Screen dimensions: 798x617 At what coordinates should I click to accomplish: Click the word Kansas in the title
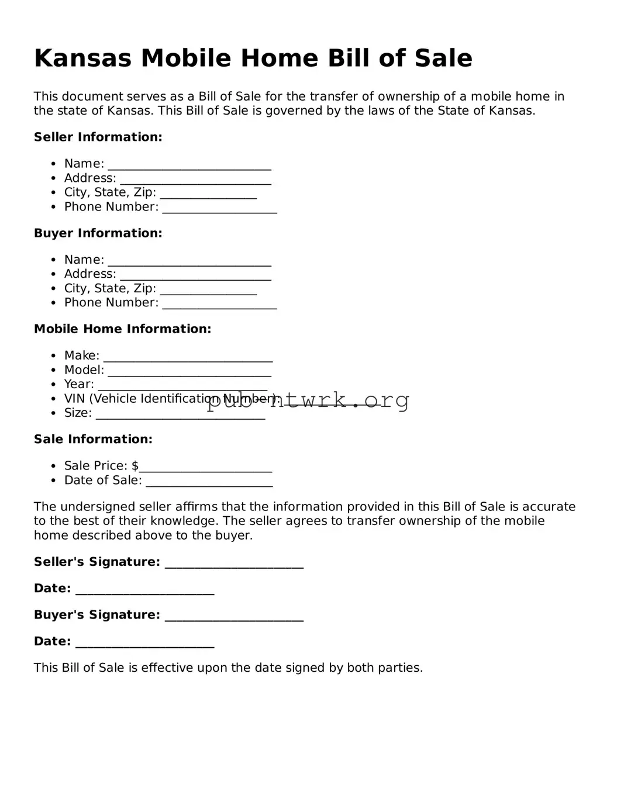click(x=82, y=58)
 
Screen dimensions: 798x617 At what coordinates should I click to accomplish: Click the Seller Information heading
click(x=98, y=137)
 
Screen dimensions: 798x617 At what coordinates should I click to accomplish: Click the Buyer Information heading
click(x=98, y=233)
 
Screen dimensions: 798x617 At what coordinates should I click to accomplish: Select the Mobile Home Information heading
click(x=122, y=329)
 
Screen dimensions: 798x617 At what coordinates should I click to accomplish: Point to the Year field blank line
click(x=182, y=386)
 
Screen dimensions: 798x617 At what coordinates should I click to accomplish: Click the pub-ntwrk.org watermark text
click(x=308, y=400)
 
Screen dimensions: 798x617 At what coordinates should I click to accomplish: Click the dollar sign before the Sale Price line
click(x=135, y=466)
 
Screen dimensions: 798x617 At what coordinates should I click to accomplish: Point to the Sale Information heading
click(x=93, y=439)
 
